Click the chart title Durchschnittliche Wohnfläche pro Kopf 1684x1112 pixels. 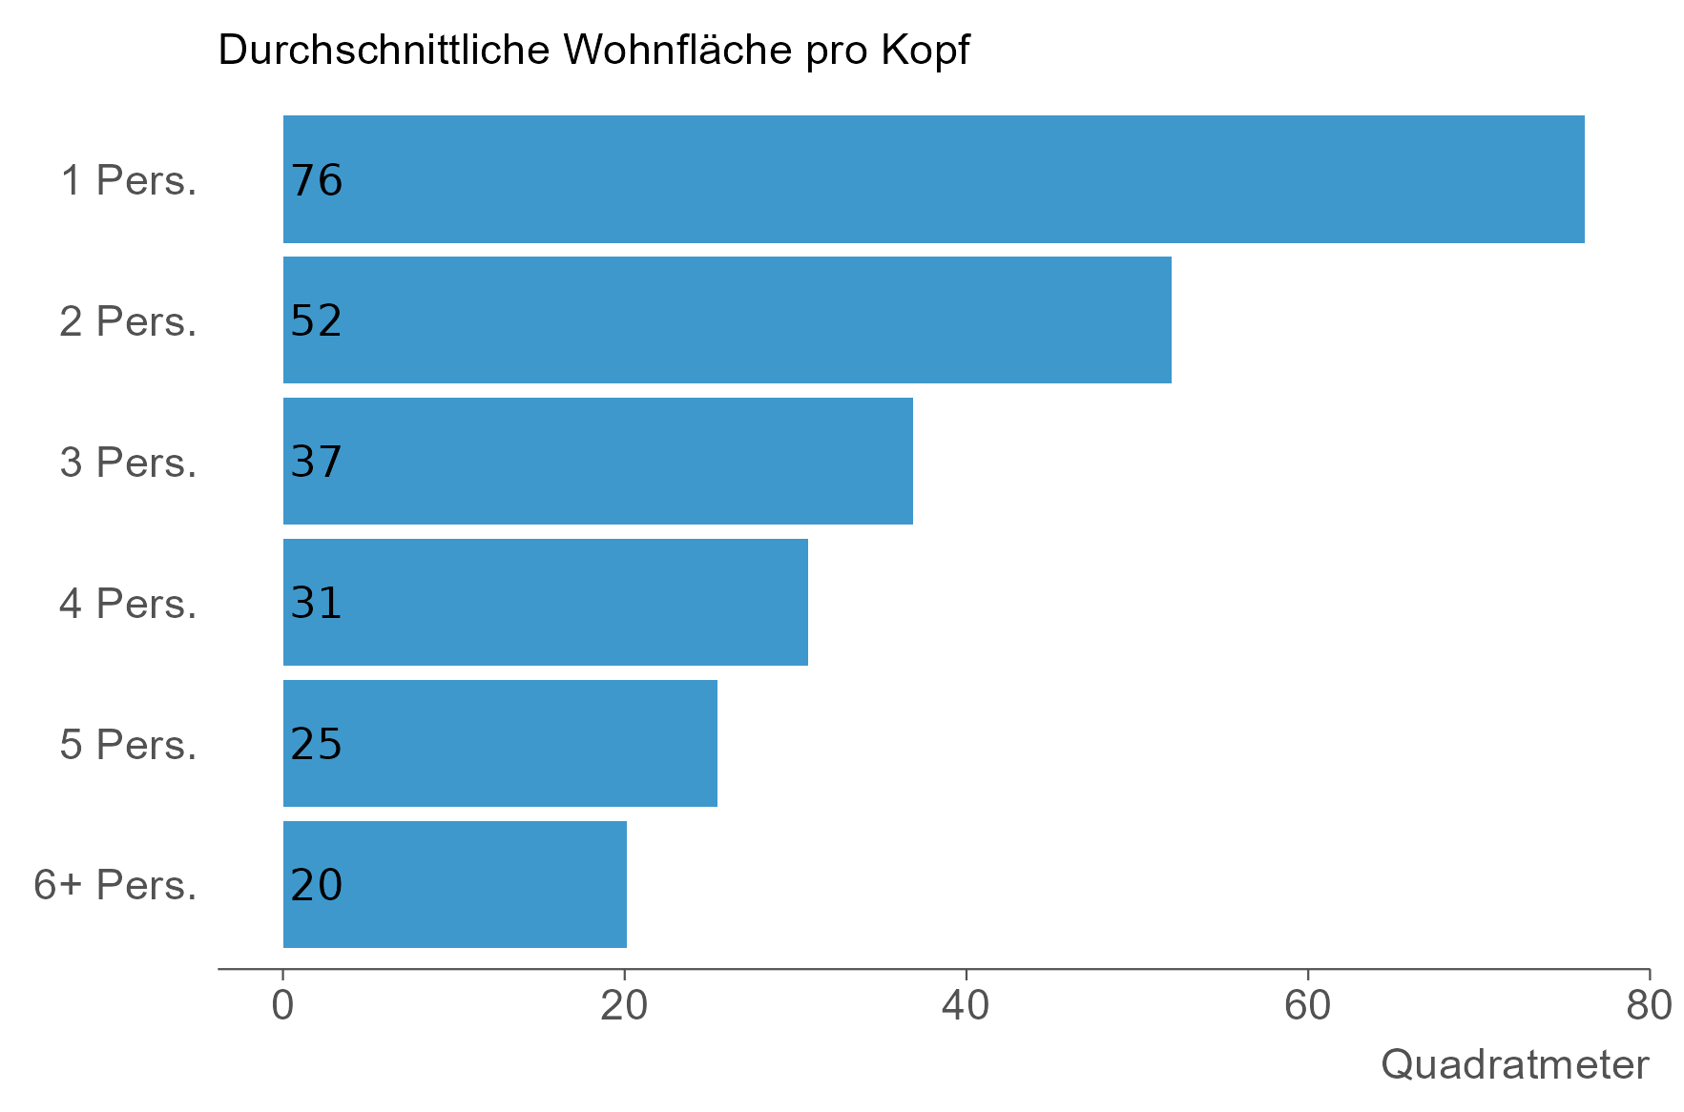click(593, 51)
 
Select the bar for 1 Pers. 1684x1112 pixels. click(933, 179)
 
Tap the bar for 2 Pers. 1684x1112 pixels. click(727, 320)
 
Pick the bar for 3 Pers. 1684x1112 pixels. click(597, 462)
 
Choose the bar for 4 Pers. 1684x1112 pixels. click(545, 603)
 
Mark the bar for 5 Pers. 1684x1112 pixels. click(500, 744)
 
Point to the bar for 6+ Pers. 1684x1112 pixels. click(454, 885)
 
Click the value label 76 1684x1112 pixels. click(317, 180)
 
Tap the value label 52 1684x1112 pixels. click(317, 321)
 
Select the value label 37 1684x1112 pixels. click(317, 463)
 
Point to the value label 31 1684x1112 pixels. click(317, 604)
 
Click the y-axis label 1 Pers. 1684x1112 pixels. click(129, 180)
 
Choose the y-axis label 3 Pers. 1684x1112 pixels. click(129, 463)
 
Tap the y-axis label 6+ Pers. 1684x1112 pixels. click(115, 886)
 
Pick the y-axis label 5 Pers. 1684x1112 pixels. click(129, 745)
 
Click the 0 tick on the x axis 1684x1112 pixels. click(282, 1006)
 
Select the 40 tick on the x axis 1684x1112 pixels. click(966, 1006)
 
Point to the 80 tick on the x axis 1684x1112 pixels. click(1649, 1006)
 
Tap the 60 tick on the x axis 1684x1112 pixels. click(1307, 1006)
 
